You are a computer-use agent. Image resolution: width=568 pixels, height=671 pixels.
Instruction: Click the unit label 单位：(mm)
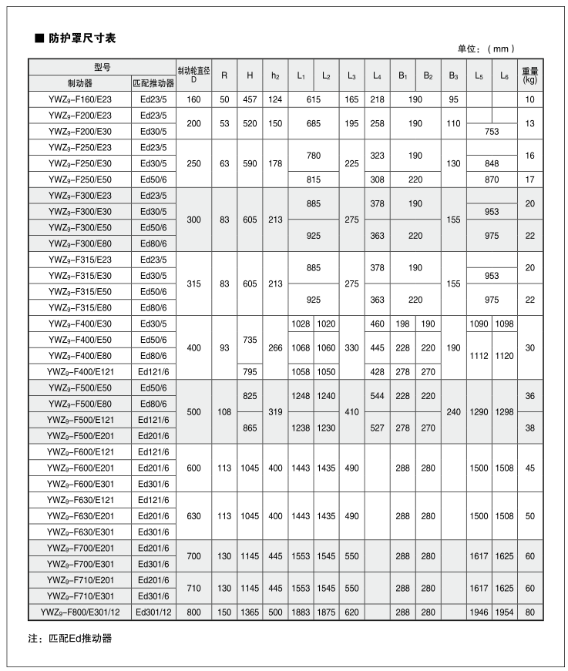click(486, 49)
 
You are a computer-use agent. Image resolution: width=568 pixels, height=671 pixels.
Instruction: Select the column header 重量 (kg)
click(529, 75)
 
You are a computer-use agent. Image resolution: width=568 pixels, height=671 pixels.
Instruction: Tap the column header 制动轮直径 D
click(193, 74)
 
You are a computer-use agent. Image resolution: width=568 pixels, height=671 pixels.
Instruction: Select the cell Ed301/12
click(153, 612)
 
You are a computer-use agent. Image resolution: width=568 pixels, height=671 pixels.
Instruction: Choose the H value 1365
click(250, 612)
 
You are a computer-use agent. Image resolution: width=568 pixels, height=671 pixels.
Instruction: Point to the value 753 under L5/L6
click(491, 131)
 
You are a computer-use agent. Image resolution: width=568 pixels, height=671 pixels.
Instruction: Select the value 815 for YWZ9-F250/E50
click(313, 179)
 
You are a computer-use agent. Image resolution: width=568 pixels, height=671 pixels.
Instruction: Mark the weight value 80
click(529, 612)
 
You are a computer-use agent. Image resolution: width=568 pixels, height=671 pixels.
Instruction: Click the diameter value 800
click(193, 612)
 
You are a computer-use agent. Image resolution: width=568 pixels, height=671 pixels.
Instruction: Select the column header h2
click(275, 75)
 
